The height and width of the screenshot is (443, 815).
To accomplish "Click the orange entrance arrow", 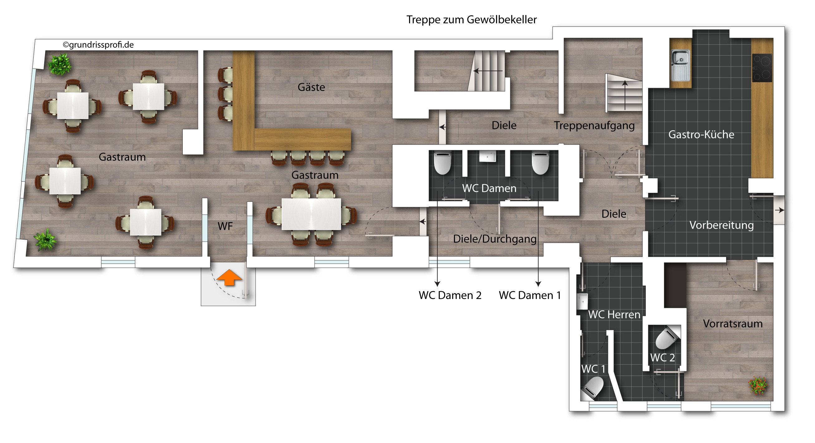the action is [x=229, y=278].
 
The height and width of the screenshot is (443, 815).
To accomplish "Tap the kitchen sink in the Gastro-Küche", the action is [x=681, y=65].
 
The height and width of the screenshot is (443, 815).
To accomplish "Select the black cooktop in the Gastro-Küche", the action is [x=762, y=68].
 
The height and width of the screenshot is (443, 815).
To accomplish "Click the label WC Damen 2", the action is [x=450, y=295].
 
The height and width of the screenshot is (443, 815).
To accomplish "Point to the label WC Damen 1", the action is [x=530, y=295].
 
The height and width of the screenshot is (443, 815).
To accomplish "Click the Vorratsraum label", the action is [x=733, y=323].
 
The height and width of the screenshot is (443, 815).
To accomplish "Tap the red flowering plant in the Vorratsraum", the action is [x=758, y=385].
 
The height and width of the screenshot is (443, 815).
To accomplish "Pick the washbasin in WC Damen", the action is [x=487, y=156].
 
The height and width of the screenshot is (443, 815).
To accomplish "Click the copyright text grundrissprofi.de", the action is [x=99, y=45].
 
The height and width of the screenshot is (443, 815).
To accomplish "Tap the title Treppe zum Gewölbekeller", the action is [x=471, y=20].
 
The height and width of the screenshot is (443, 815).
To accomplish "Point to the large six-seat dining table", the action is [x=311, y=214].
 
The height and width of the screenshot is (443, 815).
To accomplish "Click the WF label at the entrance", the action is [x=225, y=226].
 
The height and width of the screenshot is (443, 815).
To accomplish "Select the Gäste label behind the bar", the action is [x=311, y=87].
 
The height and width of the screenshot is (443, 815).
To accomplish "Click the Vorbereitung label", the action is [x=721, y=225].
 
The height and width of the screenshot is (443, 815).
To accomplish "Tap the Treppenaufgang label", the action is [x=594, y=126].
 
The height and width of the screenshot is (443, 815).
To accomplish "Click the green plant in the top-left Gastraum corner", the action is [x=60, y=64].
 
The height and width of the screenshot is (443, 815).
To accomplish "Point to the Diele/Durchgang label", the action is [x=495, y=239].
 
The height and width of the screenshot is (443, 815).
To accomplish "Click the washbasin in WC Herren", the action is [x=582, y=301].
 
